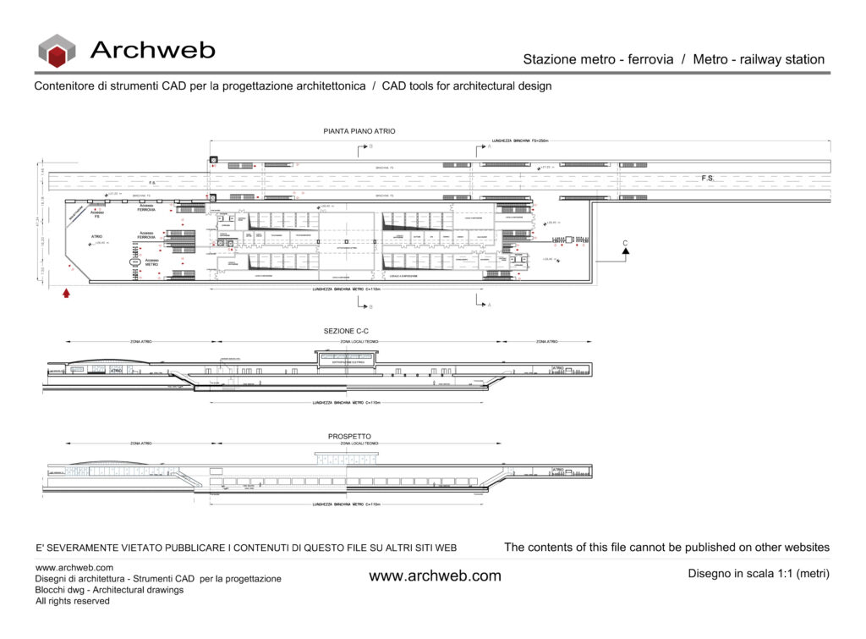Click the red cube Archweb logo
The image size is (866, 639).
[x=57, y=51]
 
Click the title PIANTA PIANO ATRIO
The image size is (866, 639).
[x=359, y=131]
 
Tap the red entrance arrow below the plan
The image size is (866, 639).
[x=66, y=294]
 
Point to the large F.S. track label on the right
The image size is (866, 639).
[x=708, y=179]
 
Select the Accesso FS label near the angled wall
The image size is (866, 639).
[x=97, y=214]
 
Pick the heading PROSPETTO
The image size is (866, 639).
[x=349, y=437]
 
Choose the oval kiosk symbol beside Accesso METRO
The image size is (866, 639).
[x=134, y=263]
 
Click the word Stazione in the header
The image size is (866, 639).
[x=550, y=59]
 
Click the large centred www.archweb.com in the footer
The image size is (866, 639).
[x=435, y=576]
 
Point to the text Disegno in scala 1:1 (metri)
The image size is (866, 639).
[x=759, y=574]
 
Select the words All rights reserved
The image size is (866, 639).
[x=73, y=601]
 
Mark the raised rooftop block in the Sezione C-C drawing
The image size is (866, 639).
[x=347, y=360]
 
